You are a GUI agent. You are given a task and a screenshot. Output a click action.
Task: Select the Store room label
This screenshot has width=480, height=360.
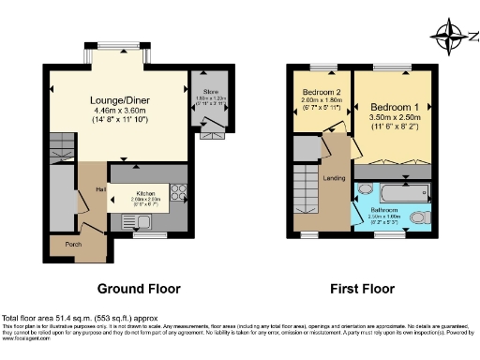coord(202,92)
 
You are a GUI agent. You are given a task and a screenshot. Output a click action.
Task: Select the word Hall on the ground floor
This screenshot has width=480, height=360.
coord(98,191)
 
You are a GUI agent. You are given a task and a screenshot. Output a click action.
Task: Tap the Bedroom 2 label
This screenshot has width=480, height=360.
coord(320,93)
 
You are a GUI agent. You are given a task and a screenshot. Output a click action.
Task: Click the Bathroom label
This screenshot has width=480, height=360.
coord(390,210)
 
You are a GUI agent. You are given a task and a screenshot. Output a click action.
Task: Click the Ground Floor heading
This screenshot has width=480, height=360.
coord(139,289)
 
